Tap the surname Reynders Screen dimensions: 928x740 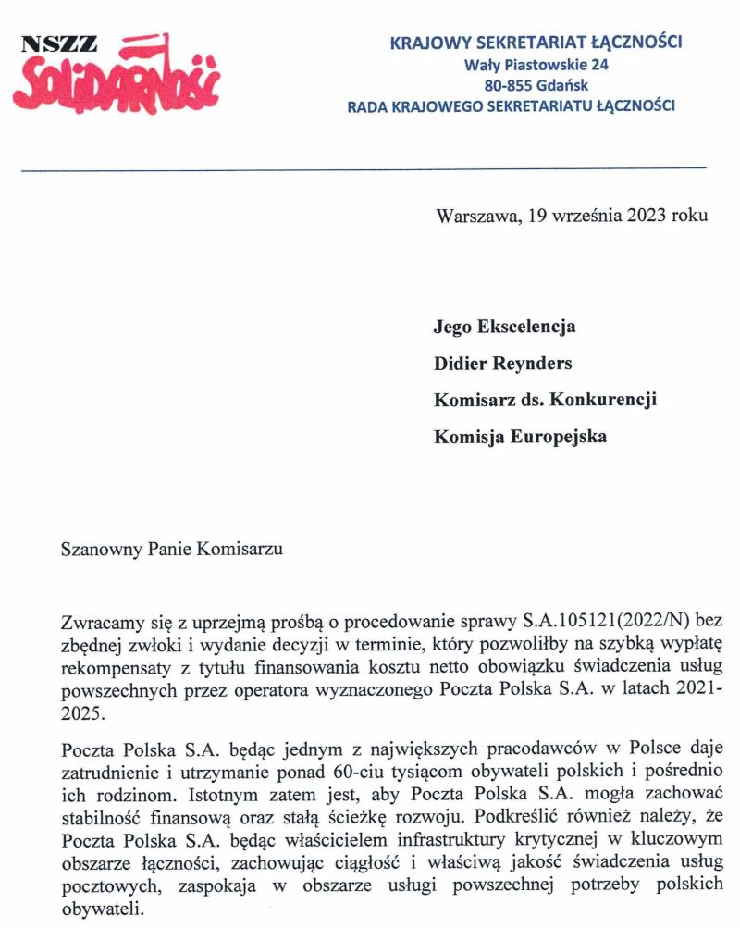(527, 364)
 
